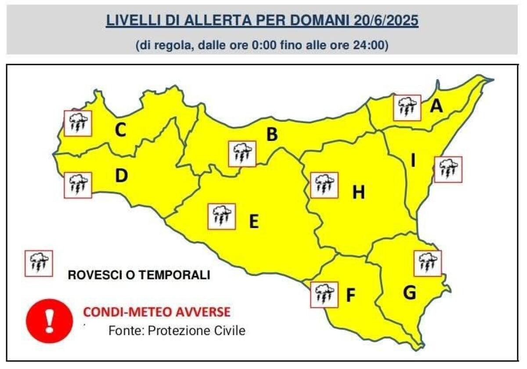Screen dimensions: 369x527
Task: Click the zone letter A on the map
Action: pyautogui.click(x=436, y=106)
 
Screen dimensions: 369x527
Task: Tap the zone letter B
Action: pyautogui.click(x=272, y=134)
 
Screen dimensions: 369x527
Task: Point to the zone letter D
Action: pyautogui.click(x=121, y=176)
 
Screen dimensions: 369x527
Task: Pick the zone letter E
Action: pyautogui.click(x=253, y=221)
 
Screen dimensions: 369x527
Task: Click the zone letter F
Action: pyautogui.click(x=350, y=296)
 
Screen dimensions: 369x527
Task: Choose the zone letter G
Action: pyautogui.click(x=409, y=293)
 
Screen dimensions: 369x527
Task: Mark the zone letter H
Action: pyautogui.click(x=359, y=192)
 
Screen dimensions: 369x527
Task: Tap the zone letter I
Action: pyautogui.click(x=413, y=161)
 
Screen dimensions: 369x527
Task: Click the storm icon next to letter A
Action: pyautogui.click(x=407, y=107)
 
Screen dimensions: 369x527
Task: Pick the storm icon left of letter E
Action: pyautogui.click(x=222, y=216)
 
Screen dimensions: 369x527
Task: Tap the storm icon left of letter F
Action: pyautogui.click(x=324, y=294)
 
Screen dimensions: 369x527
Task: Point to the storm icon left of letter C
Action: pyautogui.click(x=78, y=123)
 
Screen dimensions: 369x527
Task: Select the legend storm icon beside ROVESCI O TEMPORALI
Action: pyautogui.click(x=39, y=263)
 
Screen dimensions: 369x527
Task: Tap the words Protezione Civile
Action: pyautogui.click(x=197, y=330)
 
